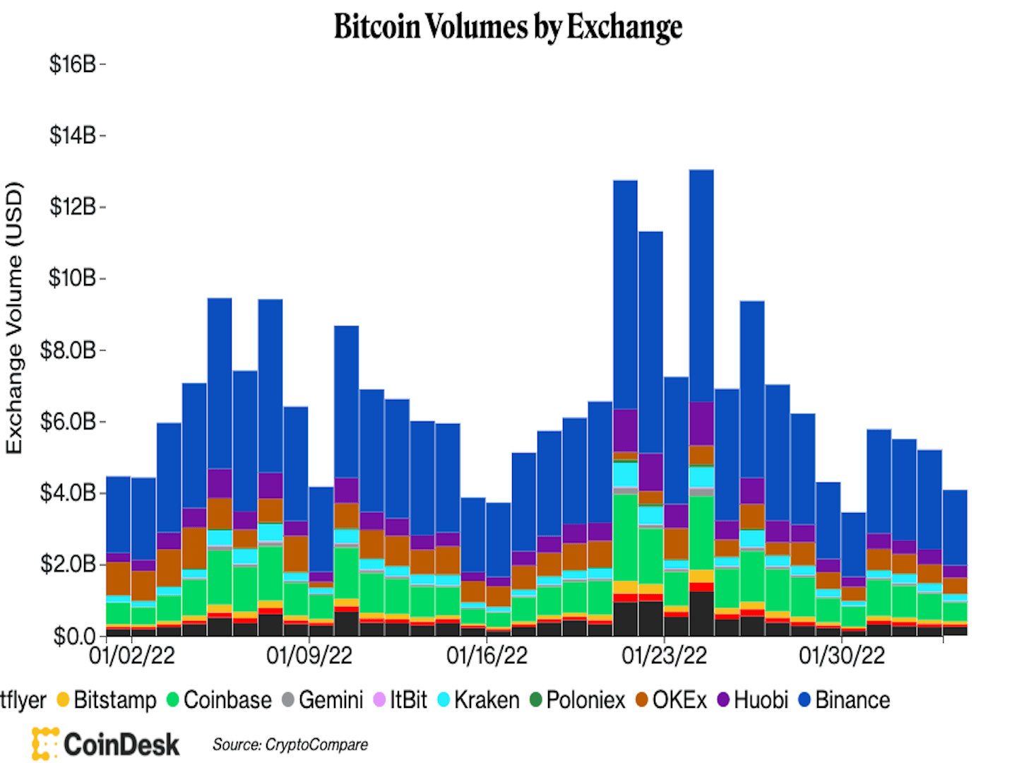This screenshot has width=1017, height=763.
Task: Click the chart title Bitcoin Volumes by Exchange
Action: point(508,27)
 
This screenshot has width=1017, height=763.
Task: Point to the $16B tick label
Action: point(72,64)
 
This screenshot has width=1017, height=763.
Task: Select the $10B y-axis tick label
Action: point(72,278)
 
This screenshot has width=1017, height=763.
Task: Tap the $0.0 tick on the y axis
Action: point(75,636)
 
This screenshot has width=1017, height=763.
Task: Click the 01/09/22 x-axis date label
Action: point(309,656)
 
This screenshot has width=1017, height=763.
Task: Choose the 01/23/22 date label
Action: point(664,656)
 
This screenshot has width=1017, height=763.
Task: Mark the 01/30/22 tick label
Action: point(842,656)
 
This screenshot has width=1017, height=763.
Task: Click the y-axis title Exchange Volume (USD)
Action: point(15,318)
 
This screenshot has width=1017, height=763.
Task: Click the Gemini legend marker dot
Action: point(287,700)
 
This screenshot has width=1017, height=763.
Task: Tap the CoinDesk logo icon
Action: point(44,744)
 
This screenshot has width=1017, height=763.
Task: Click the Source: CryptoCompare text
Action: point(290,745)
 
